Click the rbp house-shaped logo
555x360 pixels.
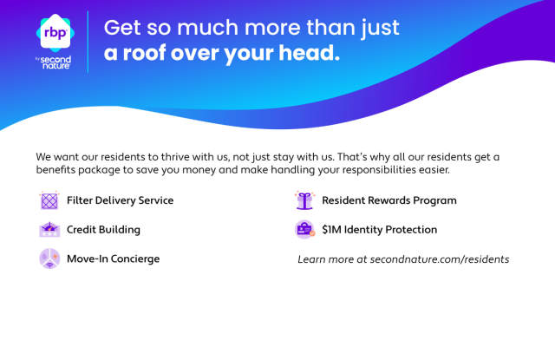[x=55, y=33]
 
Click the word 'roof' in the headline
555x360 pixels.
[x=144, y=53]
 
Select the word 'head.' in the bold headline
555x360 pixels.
[x=309, y=53]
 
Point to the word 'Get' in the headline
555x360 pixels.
[x=122, y=28]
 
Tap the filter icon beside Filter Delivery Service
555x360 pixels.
[x=49, y=200]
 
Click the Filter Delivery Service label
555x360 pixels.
[x=120, y=200]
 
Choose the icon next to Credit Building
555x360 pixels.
[x=49, y=229]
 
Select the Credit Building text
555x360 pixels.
[x=103, y=230]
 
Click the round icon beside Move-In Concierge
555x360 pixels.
[x=49, y=259]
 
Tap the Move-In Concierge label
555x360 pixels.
[x=114, y=259]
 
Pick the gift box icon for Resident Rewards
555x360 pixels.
[x=304, y=200]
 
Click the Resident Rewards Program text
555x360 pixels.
[x=389, y=200]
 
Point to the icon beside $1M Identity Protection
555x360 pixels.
[x=304, y=229]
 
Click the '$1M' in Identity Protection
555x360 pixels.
[x=331, y=230]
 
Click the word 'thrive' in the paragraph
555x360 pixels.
[x=175, y=157]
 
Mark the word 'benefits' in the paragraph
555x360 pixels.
[x=55, y=170]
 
